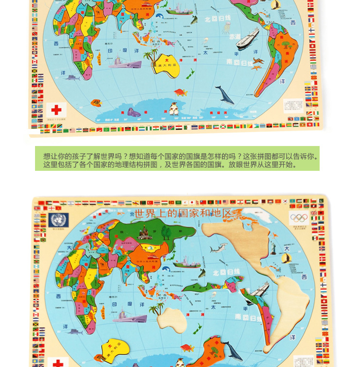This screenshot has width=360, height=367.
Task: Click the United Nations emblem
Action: coord(58,220)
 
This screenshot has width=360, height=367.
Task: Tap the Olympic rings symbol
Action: coord(299,218)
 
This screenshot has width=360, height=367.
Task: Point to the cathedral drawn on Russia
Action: coord(145,233)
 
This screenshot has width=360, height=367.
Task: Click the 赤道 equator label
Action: coord(235,37)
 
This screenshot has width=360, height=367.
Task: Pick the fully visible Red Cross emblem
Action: coord(57,110)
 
